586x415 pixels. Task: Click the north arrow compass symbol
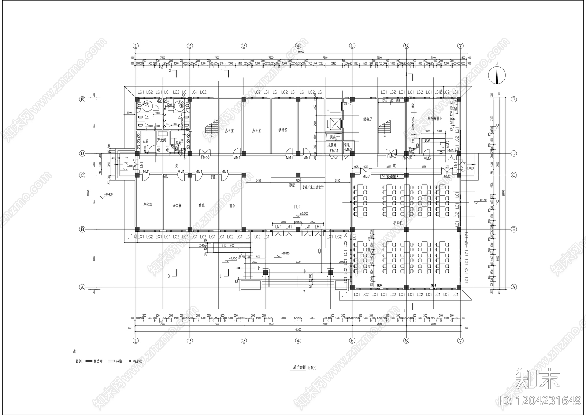(497, 76)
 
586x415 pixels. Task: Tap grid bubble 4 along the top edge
(298, 46)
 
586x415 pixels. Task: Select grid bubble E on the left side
(82, 99)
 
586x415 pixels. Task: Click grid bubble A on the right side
(514, 287)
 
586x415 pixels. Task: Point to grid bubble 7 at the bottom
(460, 341)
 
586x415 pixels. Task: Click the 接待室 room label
(283, 130)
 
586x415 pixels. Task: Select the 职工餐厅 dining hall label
(399, 222)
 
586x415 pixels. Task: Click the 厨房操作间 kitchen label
(435, 119)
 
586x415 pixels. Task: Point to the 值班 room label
(201, 205)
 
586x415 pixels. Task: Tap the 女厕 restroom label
(145, 141)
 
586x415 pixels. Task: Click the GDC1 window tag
(348, 104)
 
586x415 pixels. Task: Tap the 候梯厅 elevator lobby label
(367, 119)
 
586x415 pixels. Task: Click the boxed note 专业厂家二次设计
(312, 187)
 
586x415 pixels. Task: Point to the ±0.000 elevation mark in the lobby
(304, 214)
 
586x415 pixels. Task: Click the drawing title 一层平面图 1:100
(303, 367)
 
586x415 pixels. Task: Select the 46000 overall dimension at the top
(301, 52)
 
